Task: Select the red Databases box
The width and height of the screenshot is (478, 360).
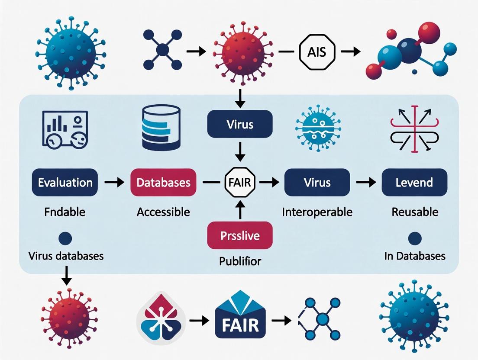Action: pos(163,182)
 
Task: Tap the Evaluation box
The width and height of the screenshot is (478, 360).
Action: pos(65,182)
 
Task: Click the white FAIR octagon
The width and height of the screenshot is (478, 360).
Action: pos(239,182)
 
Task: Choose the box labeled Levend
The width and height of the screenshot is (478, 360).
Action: pos(414,182)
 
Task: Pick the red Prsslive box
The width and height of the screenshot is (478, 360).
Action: pos(240,235)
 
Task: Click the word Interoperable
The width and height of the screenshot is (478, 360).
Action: pos(317,212)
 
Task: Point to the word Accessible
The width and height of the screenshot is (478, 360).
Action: pos(163,212)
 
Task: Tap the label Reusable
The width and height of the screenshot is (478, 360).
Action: pos(415,212)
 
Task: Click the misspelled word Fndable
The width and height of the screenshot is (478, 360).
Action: pos(65,212)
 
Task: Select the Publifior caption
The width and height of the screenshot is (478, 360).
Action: pos(239,261)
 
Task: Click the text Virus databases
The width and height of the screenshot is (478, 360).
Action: pos(66,256)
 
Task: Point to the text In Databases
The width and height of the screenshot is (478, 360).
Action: pos(414,256)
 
